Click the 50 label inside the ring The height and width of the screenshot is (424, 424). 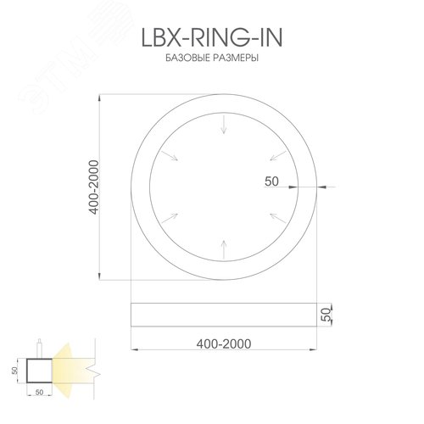(x=272, y=181)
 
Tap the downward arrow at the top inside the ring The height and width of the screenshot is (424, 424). (x=223, y=126)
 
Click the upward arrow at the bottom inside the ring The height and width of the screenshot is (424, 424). (x=223, y=249)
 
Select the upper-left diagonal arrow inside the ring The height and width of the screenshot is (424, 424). (x=170, y=156)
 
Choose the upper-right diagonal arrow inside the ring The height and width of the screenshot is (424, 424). (x=276, y=156)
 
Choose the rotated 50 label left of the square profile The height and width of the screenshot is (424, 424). (x=14, y=371)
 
